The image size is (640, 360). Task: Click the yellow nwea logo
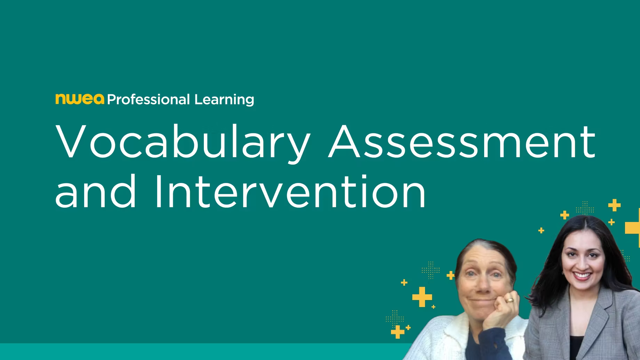coord(80,99)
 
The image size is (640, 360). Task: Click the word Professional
coord(149,99)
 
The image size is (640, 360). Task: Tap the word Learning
coord(224,100)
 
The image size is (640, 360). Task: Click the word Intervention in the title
coord(290,191)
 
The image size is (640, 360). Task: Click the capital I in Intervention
coord(158,191)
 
